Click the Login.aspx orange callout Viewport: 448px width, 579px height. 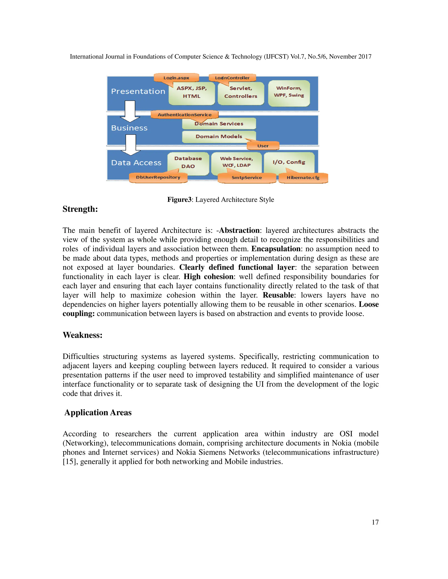click(176, 78)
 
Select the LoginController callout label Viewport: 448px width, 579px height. click(232, 78)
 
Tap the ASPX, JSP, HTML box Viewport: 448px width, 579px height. click(192, 93)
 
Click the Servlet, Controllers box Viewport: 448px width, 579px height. click(241, 93)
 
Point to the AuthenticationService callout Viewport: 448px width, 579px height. click(184, 114)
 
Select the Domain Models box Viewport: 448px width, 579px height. click(219, 137)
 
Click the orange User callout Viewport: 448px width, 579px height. click(263, 146)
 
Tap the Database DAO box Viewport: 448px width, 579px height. click(188, 162)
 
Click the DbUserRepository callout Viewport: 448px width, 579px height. click(158, 177)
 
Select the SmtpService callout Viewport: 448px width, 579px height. click(247, 178)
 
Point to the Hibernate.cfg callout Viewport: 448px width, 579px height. click(303, 178)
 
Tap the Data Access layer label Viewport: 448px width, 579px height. click(136, 163)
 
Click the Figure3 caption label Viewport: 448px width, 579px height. click(179, 200)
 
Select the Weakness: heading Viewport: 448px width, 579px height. click(82, 335)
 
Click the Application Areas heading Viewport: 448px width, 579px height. click(98, 413)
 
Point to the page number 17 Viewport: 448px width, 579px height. click(375, 522)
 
